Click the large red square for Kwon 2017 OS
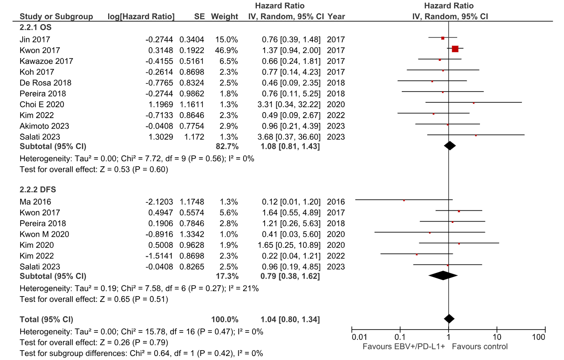click(x=455, y=49)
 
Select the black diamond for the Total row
click(x=449, y=318)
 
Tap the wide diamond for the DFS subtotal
click(x=443, y=276)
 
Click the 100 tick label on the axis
click(x=539, y=337)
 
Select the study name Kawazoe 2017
click(x=46, y=61)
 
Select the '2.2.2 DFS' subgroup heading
click(x=38, y=189)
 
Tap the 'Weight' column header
click(x=224, y=17)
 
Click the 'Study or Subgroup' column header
click(x=56, y=17)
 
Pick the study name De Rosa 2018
click(x=45, y=83)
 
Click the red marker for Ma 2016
click(x=404, y=201)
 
